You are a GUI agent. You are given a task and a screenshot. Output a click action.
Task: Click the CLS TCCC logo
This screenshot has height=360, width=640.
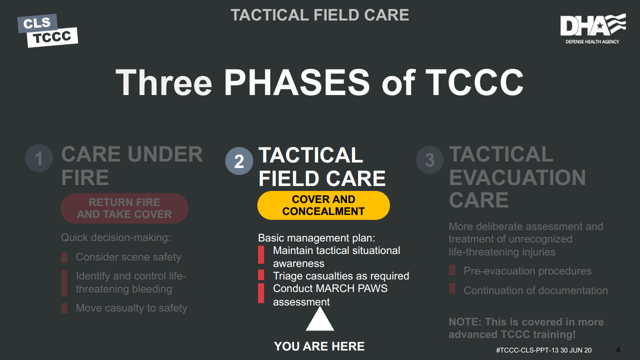(x=47, y=30)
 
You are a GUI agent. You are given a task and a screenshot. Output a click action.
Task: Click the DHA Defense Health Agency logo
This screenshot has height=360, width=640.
(x=593, y=28)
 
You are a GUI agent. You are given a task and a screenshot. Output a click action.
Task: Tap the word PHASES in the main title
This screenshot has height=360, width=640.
(x=296, y=82)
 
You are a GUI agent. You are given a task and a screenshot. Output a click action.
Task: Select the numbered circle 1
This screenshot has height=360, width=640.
(x=39, y=158)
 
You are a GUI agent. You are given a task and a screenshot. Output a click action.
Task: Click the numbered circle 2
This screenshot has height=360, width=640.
(x=239, y=161)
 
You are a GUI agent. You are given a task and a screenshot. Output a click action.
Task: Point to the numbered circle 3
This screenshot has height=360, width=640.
(x=429, y=160)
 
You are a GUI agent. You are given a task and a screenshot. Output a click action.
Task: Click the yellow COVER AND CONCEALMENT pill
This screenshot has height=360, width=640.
(x=323, y=205)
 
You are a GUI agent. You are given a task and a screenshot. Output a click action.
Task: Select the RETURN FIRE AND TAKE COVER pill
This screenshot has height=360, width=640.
(x=124, y=208)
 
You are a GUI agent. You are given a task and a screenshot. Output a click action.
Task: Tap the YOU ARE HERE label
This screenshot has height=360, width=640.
(x=319, y=346)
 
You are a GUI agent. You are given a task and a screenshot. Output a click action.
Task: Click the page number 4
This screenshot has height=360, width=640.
(x=617, y=349)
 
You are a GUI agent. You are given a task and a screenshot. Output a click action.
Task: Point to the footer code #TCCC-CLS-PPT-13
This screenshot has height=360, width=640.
(x=527, y=350)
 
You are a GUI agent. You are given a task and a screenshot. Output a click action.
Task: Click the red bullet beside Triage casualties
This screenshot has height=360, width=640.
(x=261, y=275)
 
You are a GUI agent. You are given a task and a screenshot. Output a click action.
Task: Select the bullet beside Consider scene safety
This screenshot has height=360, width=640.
(x=64, y=257)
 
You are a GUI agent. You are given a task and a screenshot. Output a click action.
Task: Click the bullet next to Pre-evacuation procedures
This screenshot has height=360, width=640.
(x=452, y=270)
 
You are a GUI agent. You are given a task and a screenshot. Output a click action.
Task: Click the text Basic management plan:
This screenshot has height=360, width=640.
(x=316, y=238)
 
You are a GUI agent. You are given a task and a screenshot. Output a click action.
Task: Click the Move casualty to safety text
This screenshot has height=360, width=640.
(x=131, y=308)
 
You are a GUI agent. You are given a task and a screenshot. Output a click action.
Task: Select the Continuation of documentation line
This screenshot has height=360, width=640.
(x=535, y=290)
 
